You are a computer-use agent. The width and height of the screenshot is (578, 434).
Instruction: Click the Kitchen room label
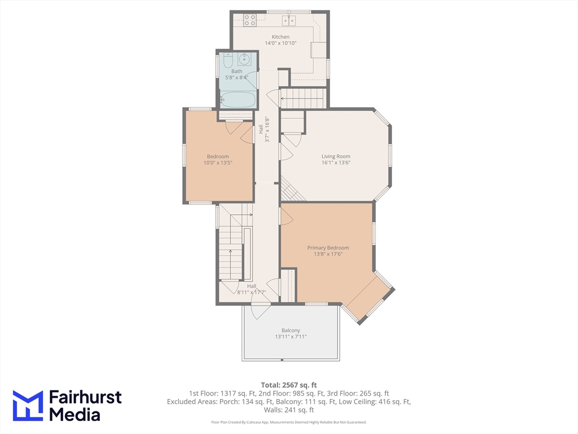pos(281,37)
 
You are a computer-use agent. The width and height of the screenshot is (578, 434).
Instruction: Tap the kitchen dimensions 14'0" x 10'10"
pos(281,43)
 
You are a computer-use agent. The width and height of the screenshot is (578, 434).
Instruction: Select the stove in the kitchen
pos(249,20)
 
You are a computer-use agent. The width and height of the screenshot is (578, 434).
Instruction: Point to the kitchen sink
pos(291,20)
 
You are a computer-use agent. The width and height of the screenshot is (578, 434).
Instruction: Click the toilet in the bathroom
pos(227,60)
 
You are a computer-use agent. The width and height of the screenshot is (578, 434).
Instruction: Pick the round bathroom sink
pos(245,58)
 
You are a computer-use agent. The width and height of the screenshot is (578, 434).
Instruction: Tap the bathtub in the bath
pos(238,101)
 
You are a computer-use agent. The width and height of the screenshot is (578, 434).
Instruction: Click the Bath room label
pos(237,71)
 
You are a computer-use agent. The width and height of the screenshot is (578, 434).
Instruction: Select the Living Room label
pos(336,157)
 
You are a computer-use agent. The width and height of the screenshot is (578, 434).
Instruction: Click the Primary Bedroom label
pos(328,248)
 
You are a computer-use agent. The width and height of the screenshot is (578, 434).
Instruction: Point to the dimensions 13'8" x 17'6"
pos(328,254)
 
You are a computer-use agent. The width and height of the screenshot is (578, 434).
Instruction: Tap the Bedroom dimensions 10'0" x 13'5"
pos(218,163)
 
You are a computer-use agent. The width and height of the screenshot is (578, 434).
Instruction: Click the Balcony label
pos(291,331)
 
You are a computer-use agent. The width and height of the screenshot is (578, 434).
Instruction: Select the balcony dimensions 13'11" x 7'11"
pos(291,337)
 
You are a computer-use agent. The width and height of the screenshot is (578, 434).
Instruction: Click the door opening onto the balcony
pos(260,310)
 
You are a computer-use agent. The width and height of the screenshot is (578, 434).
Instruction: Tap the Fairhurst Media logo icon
pos(28,405)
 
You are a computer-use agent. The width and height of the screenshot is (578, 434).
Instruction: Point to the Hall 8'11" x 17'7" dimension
pos(251,293)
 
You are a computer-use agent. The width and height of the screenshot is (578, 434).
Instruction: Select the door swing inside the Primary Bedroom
pos(286,216)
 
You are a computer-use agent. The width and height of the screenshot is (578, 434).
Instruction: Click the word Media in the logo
pos(75,414)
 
